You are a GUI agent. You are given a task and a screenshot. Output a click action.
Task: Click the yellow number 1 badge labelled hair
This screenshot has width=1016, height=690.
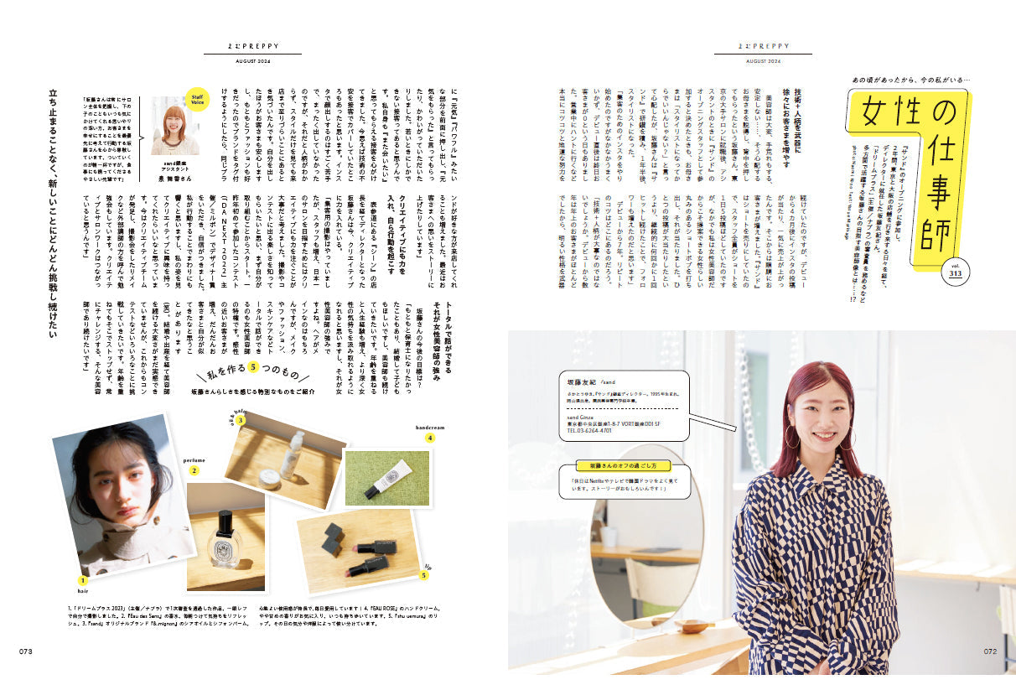(x=82, y=580)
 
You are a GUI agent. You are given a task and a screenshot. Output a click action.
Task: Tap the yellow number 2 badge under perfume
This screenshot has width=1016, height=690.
(x=194, y=471)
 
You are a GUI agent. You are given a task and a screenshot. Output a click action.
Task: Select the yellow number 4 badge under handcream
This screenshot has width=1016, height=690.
(x=430, y=437)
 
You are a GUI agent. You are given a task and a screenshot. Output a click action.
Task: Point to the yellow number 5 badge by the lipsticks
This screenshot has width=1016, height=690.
(x=423, y=576)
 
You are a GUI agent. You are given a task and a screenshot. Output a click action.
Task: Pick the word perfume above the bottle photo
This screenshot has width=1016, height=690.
(x=195, y=459)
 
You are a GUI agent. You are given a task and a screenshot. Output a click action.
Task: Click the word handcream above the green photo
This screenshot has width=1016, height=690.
(x=430, y=426)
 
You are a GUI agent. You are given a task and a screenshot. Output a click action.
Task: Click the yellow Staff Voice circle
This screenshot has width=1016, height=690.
(x=196, y=99)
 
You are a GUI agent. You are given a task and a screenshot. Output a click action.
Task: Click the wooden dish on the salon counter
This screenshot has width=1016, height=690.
(x=688, y=625)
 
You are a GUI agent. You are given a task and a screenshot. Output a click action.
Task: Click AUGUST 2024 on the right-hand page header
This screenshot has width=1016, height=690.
(x=763, y=61)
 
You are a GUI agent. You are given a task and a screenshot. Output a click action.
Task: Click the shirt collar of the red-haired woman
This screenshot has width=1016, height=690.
(x=807, y=470)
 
